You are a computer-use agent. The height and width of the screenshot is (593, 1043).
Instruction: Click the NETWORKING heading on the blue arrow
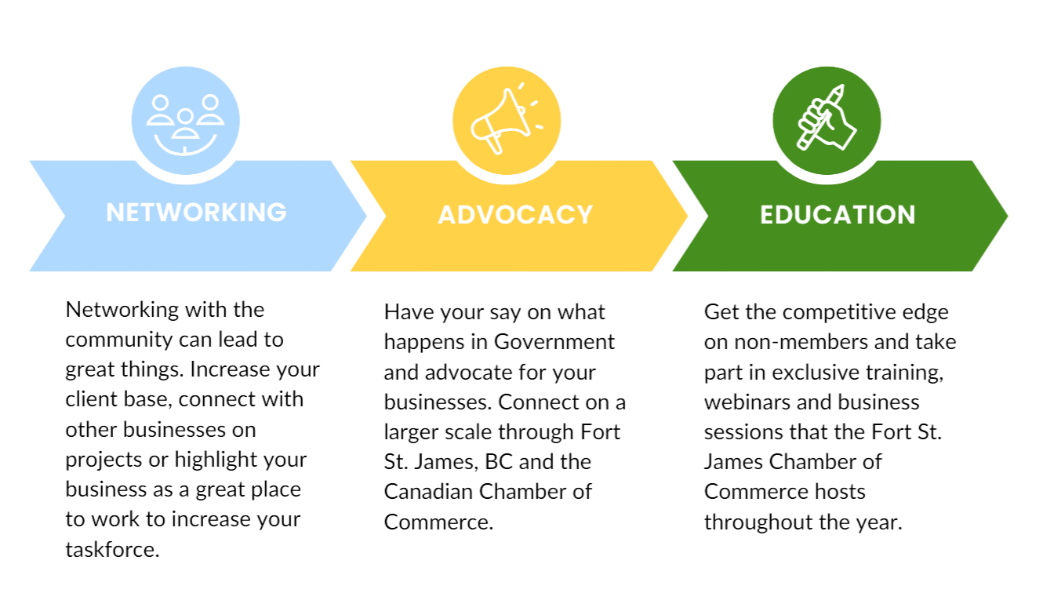[x=196, y=212]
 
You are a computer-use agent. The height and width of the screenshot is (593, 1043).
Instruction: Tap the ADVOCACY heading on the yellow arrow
[x=515, y=214]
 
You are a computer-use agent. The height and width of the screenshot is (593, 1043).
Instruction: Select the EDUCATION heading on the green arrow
[x=838, y=214]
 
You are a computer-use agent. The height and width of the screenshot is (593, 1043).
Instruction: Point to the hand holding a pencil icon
[x=827, y=120]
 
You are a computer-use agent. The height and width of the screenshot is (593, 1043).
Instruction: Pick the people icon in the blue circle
[x=186, y=120]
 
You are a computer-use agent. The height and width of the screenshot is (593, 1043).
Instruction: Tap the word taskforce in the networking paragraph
[x=112, y=549]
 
